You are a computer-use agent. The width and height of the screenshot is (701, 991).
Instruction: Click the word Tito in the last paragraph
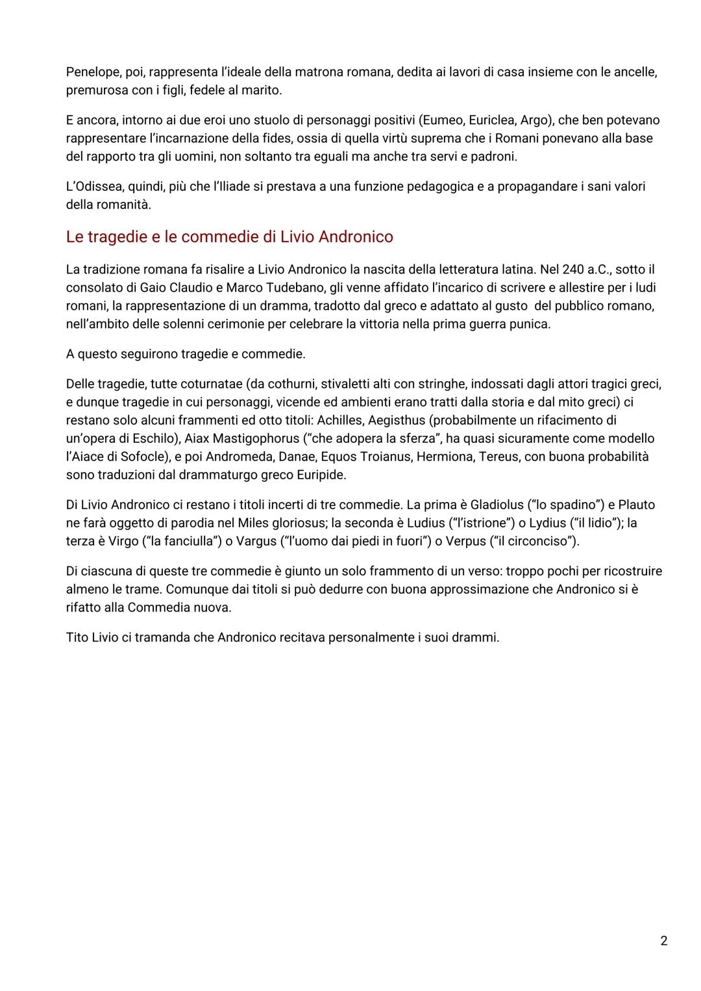(x=78, y=637)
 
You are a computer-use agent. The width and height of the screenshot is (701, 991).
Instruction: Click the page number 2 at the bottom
(x=663, y=941)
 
